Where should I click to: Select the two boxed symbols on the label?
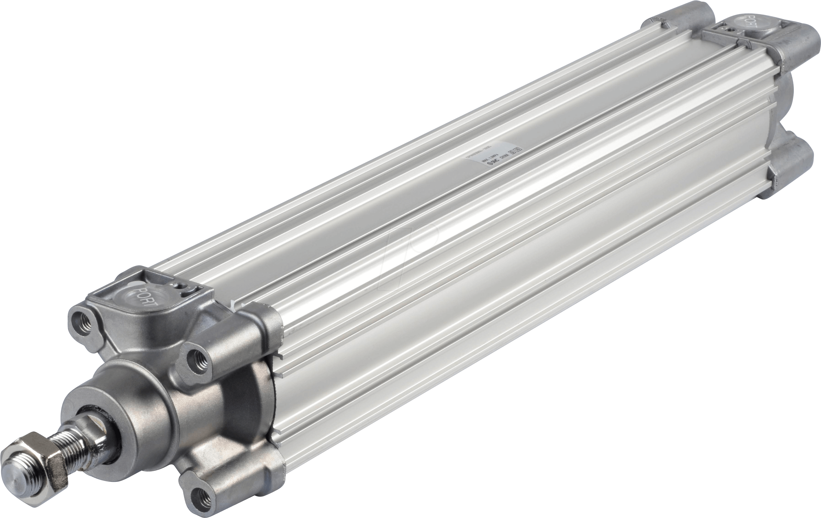tap(515, 150)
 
